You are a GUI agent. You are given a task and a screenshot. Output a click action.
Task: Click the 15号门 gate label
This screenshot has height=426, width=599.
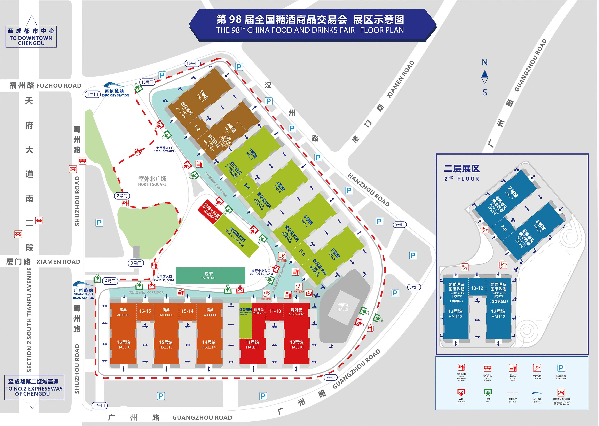pos(192,63)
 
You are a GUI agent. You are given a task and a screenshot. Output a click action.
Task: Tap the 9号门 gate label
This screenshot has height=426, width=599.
pos(400,224)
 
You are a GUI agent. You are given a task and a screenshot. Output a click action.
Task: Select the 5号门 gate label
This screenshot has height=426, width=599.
pos(100,405)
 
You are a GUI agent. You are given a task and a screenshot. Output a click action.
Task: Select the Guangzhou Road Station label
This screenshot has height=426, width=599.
pos(83,294)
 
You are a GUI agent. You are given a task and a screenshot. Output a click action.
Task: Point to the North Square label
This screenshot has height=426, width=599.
pos(152,181)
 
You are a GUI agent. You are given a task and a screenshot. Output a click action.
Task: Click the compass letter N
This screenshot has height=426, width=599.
pos(485,63)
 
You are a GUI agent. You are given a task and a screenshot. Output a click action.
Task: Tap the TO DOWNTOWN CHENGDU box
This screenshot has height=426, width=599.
pos(31,37)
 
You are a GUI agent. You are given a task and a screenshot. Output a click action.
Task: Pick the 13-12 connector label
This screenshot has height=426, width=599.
pos(477,288)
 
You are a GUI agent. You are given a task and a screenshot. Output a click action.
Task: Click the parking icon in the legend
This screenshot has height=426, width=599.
pos(561,368)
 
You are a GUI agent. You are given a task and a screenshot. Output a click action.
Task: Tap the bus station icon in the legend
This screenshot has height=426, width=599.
pos(487,368)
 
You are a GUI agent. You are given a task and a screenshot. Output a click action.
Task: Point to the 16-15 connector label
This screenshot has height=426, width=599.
pos(145,311)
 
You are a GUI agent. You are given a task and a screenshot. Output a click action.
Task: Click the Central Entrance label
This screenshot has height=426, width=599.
pos(261,272)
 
